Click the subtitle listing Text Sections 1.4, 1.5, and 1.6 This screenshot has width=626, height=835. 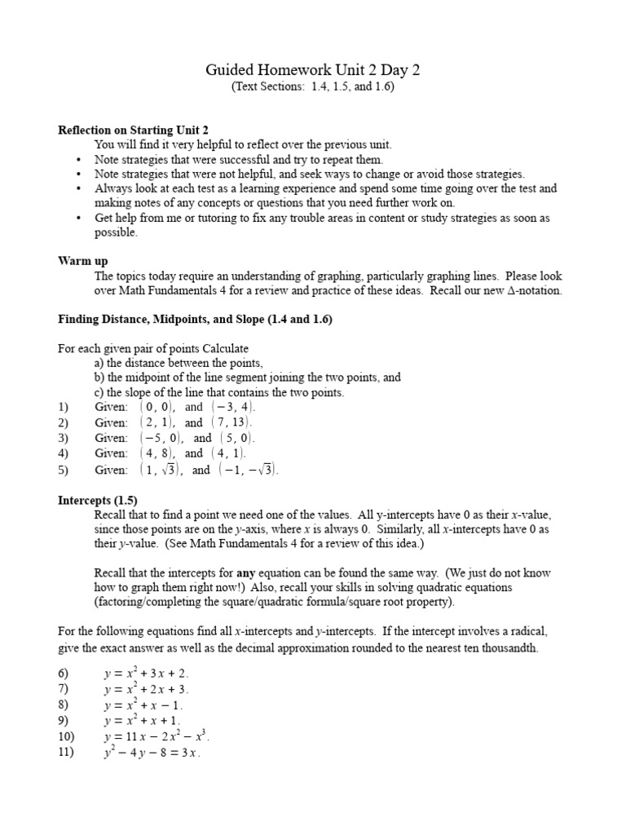[312, 86]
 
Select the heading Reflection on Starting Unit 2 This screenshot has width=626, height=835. [133, 130]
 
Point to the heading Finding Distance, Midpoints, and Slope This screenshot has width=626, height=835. [195, 320]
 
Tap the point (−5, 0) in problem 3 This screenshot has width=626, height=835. [161, 438]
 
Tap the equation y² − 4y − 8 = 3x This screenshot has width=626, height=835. [151, 753]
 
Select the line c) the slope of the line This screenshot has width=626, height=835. [218, 392]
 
